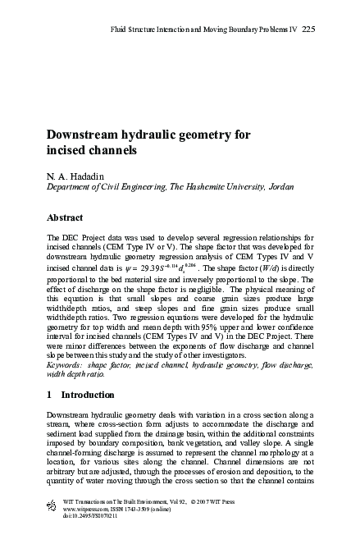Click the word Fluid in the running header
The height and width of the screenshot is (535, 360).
tap(121, 30)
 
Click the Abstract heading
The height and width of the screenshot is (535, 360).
tap(66, 219)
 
